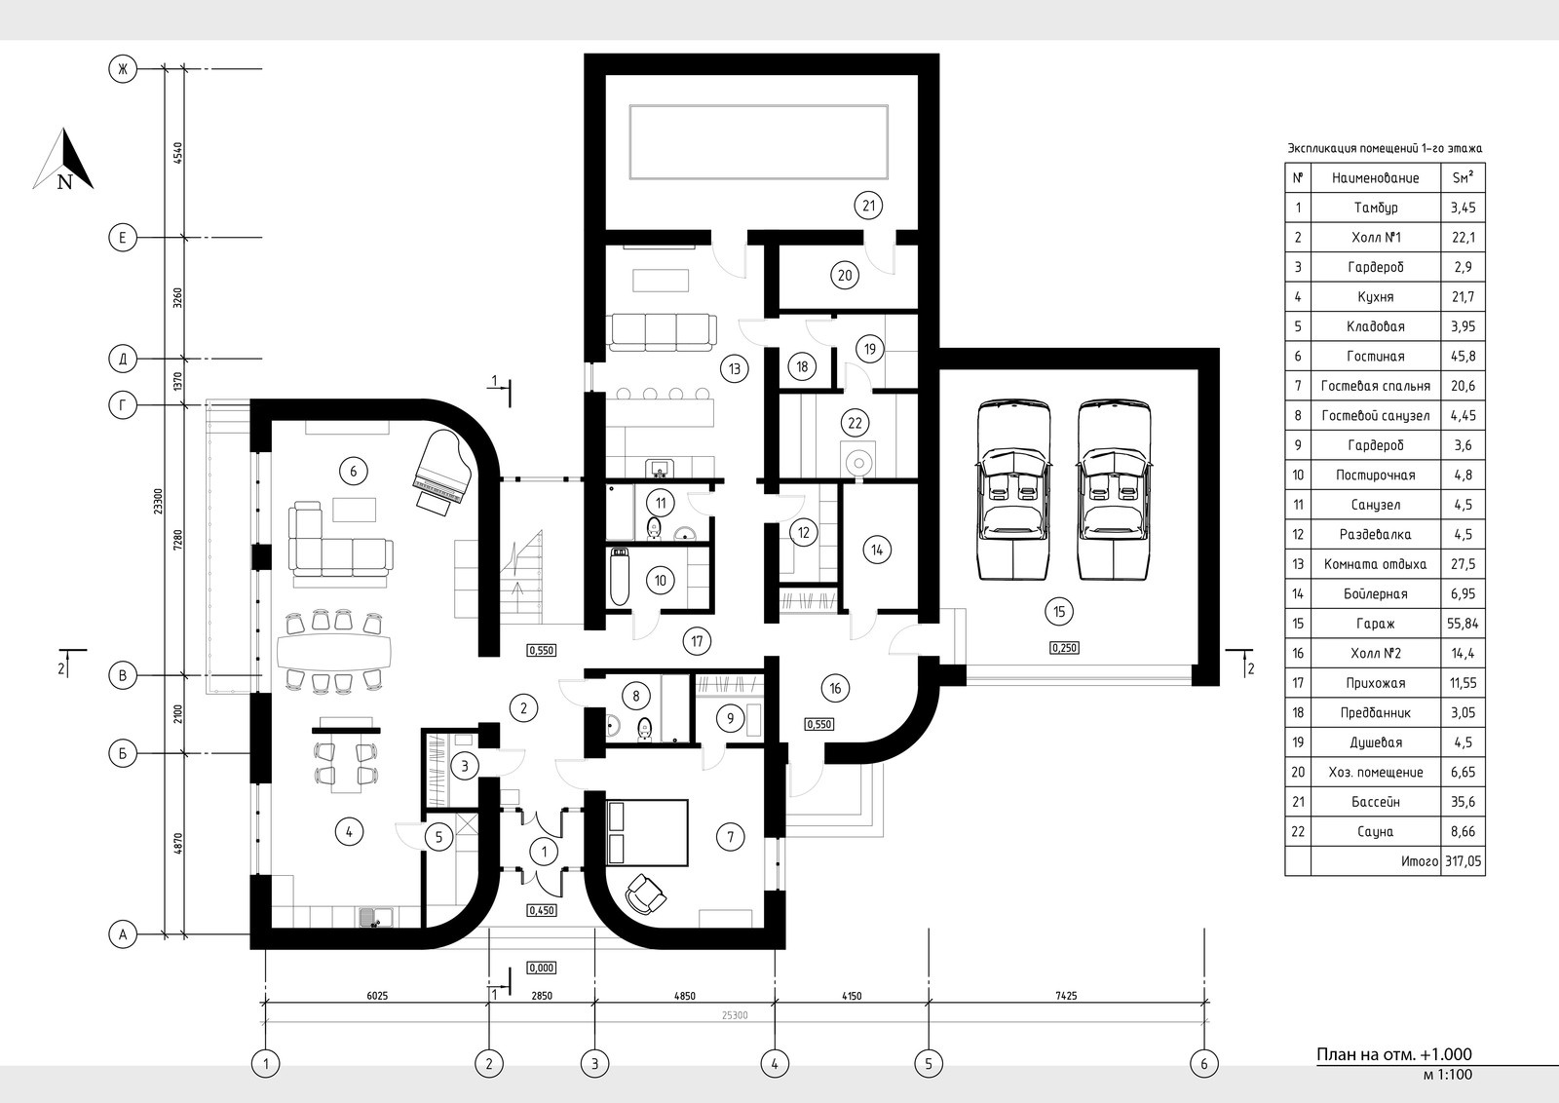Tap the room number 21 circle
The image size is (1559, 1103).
pyautogui.click(x=868, y=206)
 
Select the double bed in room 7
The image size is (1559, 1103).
pyautogui.click(x=647, y=832)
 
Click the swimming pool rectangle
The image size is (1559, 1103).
pyautogui.click(x=759, y=142)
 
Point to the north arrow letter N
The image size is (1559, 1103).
pyautogui.click(x=64, y=182)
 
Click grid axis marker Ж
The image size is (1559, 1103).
pyautogui.click(x=123, y=69)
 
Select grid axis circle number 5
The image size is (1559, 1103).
pyautogui.click(x=929, y=1063)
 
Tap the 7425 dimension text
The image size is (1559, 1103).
pyautogui.click(x=1066, y=996)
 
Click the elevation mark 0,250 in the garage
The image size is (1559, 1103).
pyautogui.click(x=1064, y=648)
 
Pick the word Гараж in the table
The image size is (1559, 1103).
pyautogui.click(x=1375, y=625)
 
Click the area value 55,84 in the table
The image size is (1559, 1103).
pyautogui.click(x=1463, y=625)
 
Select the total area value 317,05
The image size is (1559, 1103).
pyautogui.click(x=1463, y=861)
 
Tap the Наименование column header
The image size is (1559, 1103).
pyautogui.click(x=1375, y=178)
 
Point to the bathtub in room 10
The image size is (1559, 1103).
pyautogui.click(x=620, y=577)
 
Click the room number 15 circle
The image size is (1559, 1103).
pyautogui.click(x=1058, y=612)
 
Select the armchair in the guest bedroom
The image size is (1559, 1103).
pyautogui.click(x=646, y=894)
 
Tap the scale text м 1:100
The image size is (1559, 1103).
pyautogui.click(x=1448, y=1075)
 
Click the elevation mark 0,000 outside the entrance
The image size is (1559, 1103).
pyautogui.click(x=542, y=968)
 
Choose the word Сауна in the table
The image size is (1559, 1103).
pyautogui.click(x=1375, y=831)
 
